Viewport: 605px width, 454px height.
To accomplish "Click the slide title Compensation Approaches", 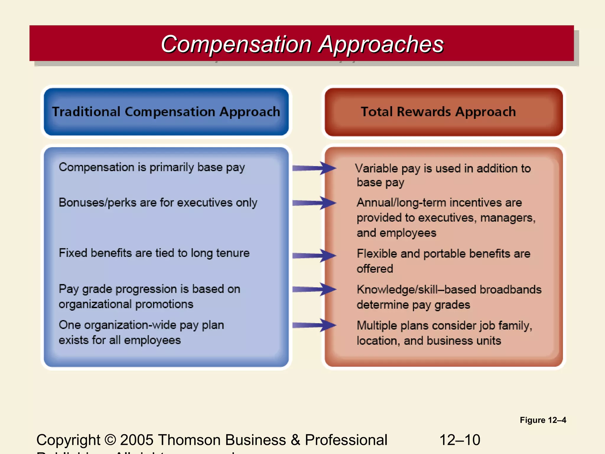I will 302,44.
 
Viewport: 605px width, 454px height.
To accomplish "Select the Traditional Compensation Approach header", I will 166,112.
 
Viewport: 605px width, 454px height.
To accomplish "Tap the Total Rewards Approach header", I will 438,112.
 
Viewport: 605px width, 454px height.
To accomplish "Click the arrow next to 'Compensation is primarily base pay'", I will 314,168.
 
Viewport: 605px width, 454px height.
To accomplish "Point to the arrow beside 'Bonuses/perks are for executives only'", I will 314,203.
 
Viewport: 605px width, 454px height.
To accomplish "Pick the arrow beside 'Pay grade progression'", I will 314,289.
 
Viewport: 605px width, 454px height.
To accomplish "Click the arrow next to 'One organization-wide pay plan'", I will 314,325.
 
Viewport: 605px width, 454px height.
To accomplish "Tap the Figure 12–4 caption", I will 543,420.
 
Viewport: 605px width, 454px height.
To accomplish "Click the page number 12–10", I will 460,440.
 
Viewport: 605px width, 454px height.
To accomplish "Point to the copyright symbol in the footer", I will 110,440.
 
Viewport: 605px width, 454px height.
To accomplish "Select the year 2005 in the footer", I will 136,440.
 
